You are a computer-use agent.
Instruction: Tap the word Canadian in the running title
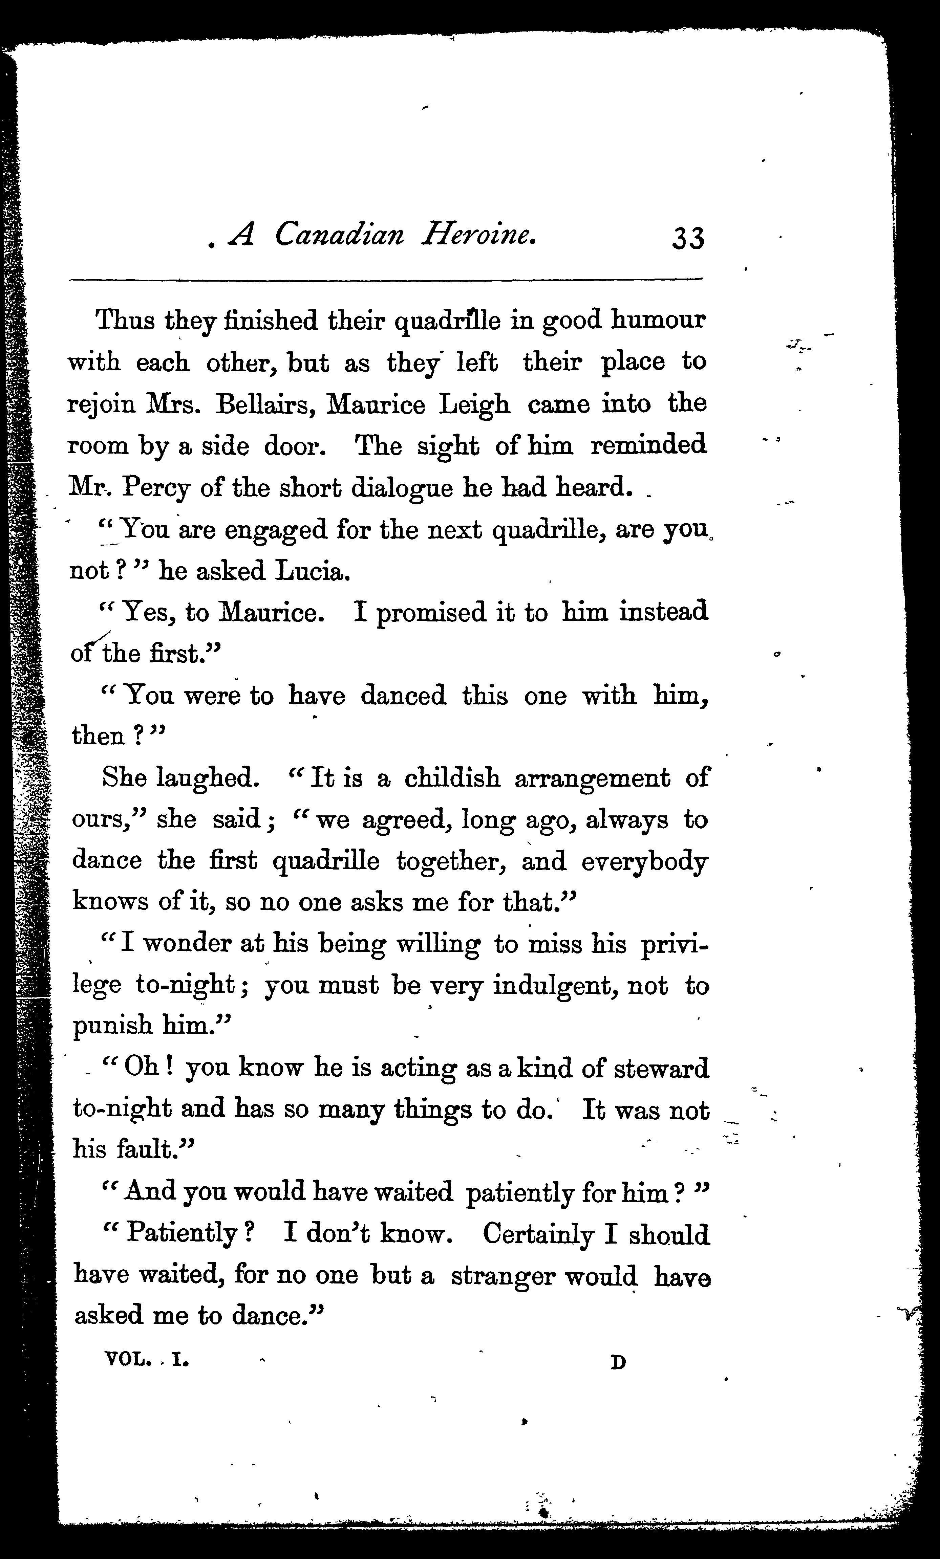[x=339, y=235]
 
